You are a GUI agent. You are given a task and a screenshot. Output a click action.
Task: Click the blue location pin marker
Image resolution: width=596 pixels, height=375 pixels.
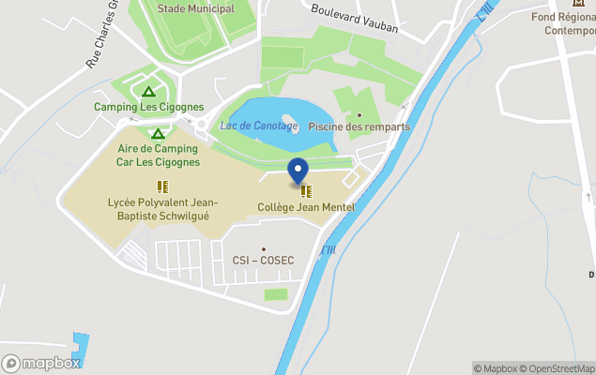298,172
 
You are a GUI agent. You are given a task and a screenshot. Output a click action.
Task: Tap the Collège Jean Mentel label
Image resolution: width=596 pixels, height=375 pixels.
306,206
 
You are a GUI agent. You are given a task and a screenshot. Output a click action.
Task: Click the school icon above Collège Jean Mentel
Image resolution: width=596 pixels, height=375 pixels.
306,191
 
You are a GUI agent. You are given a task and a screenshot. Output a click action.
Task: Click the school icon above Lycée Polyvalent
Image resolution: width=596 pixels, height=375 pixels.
162,187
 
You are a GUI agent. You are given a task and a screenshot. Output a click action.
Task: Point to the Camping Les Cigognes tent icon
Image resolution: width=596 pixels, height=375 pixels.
147,91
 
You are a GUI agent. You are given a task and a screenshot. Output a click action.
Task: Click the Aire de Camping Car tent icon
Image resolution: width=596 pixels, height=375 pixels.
158,133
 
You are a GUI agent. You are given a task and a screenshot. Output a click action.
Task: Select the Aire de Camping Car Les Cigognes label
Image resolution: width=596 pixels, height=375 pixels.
158,155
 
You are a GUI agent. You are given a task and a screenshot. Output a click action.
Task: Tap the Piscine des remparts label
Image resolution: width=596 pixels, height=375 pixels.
359,127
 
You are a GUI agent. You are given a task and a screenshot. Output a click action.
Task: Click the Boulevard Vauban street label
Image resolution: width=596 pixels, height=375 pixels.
354,21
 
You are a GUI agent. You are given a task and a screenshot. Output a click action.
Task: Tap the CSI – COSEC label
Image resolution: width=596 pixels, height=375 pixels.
264,260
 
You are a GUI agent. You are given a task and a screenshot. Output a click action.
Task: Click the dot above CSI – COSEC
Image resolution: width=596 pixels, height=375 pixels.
264,248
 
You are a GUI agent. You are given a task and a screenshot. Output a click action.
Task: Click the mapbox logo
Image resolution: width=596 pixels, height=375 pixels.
42,363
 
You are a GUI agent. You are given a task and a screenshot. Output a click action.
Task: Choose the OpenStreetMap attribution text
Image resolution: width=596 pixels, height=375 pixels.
558,368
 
